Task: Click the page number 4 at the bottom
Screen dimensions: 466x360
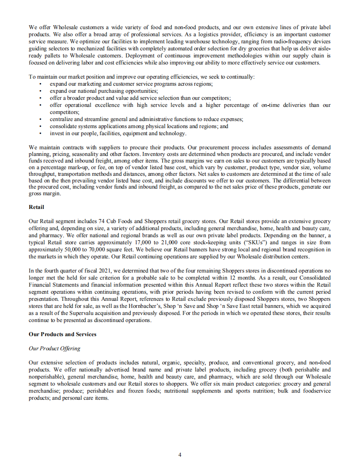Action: pos(180,455)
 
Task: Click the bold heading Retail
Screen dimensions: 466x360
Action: pos(36,206)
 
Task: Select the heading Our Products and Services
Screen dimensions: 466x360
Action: pos(62,334)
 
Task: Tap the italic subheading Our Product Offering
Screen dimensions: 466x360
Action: pos(54,348)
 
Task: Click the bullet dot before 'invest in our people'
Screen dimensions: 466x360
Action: pos(40,133)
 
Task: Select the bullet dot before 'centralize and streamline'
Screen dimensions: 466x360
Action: pos(40,119)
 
